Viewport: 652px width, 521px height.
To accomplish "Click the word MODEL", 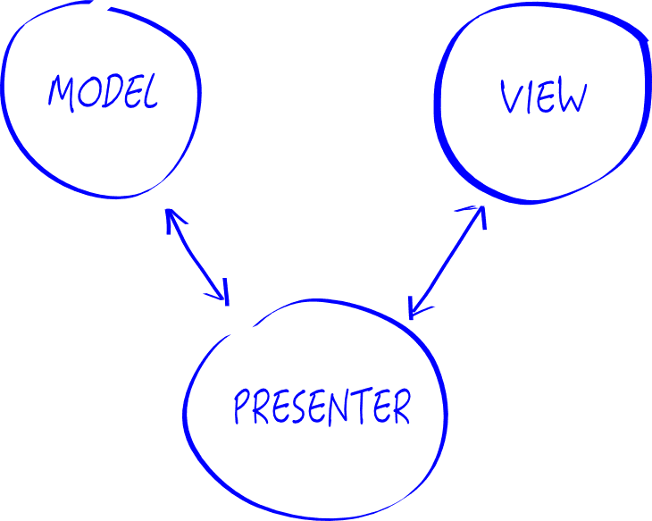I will (x=103, y=93).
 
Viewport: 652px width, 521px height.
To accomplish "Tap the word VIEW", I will (x=543, y=97).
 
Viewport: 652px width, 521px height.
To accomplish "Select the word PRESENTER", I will (x=322, y=408).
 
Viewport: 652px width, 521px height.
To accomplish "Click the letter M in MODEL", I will (x=61, y=93).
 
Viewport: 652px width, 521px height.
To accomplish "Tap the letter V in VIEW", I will (x=510, y=97).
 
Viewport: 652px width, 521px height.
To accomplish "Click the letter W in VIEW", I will (x=572, y=97).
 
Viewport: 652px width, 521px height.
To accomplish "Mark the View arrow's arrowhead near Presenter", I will (x=414, y=307).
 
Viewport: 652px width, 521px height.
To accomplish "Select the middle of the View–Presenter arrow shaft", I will (x=447, y=260).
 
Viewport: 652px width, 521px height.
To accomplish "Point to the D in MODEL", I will (x=110, y=93).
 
